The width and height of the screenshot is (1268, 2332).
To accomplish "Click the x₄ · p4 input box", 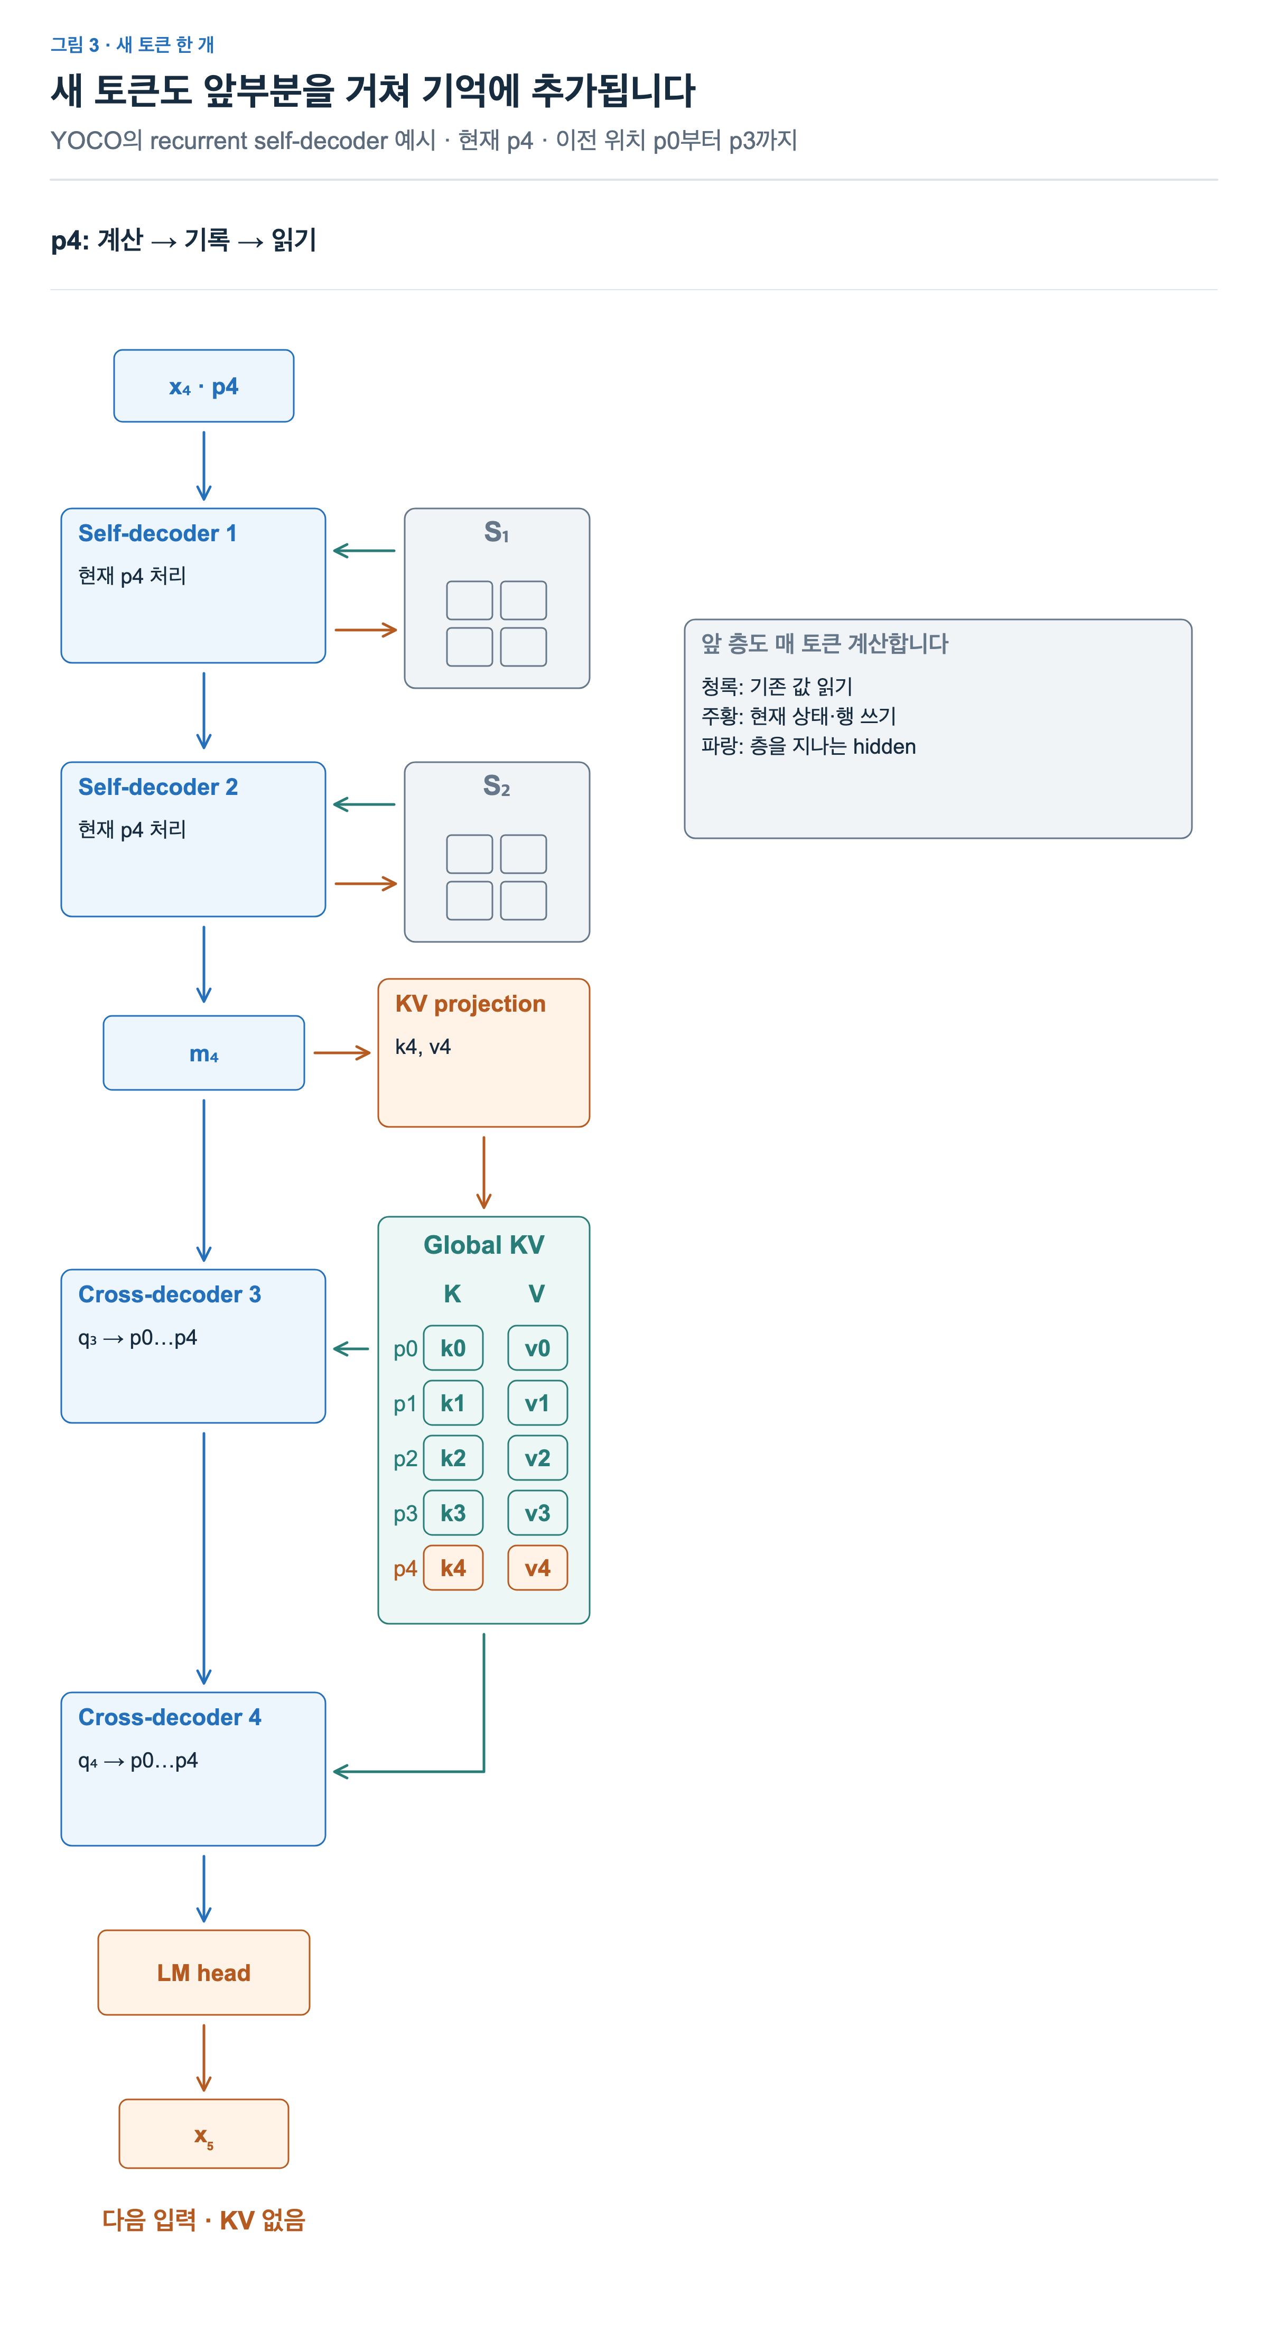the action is tap(203, 386).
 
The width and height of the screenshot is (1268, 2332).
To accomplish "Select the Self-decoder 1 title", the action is tap(157, 533).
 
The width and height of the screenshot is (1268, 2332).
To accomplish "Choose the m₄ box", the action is tap(203, 1053).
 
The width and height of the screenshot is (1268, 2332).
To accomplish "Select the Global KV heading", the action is tap(484, 1245).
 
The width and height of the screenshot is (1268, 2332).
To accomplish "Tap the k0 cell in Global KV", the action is tap(453, 1348).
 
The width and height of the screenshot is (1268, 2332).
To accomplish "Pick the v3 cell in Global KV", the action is tap(538, 1513).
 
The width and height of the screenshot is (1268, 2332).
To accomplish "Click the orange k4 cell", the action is tap(453, 1568).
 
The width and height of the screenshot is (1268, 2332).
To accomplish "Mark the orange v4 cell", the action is tap(538, 1568).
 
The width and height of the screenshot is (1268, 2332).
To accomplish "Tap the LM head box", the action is tap(203, 1973).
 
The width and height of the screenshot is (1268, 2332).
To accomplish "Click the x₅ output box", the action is tap(203, 2134).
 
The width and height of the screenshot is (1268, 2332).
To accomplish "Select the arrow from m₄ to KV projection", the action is tap(342, 1053).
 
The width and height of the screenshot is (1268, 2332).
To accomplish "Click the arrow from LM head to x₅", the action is tap(203, 2058).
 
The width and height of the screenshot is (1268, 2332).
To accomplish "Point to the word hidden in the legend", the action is tap(884, 747).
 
